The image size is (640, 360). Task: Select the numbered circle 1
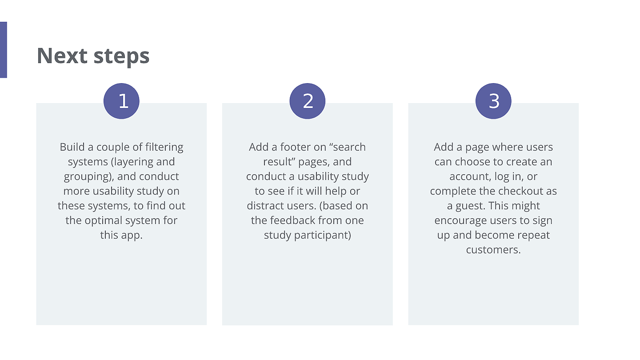[x=121, y=101]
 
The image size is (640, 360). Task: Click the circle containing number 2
[x=308, y=101]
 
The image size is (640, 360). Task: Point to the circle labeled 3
[x=493, y=101]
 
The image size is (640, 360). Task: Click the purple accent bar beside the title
[x=4, y=50]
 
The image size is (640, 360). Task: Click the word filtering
[x=164, y=147]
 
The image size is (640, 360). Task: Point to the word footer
[x=296, y=147]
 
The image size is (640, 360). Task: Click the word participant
[x=325, y=235]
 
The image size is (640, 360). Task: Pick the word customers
[x=493, y=250]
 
